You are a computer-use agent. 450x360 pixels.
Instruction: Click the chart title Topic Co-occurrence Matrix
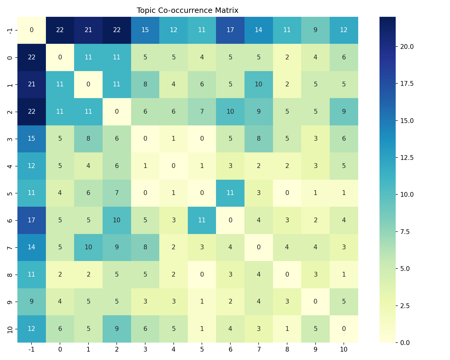point(187,10)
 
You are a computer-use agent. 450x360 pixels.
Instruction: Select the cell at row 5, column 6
point(230,193)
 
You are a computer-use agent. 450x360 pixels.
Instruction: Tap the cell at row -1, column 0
point(60,30)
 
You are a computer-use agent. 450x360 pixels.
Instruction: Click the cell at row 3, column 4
point(173,139)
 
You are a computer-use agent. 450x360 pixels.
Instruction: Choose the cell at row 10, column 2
point(117,328)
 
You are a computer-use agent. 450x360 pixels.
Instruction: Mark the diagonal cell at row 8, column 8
point(287,274)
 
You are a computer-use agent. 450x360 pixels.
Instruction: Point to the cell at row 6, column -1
point(31,220)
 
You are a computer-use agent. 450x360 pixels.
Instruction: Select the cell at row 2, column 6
point(230,112)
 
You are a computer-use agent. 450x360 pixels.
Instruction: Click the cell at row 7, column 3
point(145,247)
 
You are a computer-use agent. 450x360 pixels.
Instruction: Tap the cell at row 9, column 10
point(344,301)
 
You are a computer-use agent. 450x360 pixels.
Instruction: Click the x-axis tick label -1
point(31,349)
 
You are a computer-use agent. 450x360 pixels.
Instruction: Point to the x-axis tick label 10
point(344,349)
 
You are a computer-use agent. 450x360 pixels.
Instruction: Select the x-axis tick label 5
point(202,349)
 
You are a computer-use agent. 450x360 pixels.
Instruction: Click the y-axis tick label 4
point(10,166)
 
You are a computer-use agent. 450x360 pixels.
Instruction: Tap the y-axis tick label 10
point(10,328)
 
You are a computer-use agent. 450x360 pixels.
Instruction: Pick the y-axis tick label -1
point(10,30)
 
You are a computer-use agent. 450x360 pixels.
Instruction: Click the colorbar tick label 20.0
point(406,46)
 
